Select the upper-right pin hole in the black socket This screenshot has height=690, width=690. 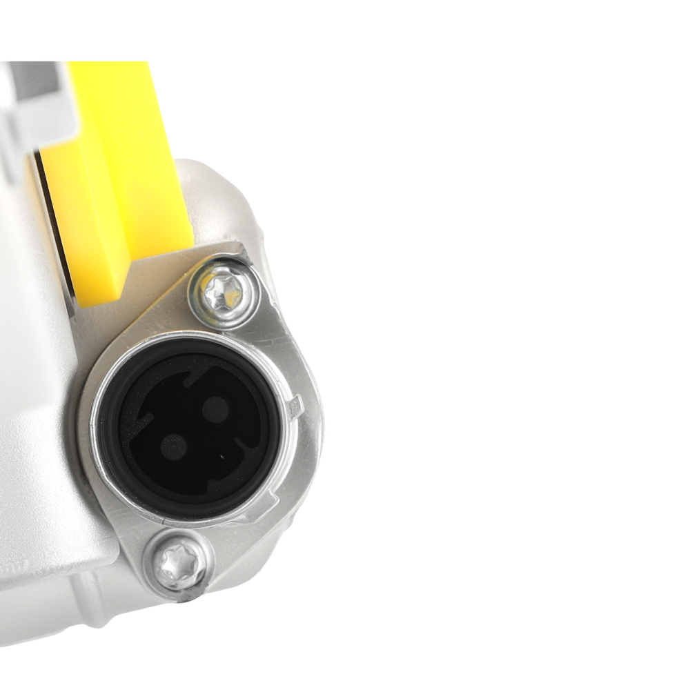[x=217, y=410]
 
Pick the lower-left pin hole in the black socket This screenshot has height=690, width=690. [x=173, y=447]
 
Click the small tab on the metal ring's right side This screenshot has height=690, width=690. [x=295, y=407]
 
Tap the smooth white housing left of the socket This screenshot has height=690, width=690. [x=34, y=414]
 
